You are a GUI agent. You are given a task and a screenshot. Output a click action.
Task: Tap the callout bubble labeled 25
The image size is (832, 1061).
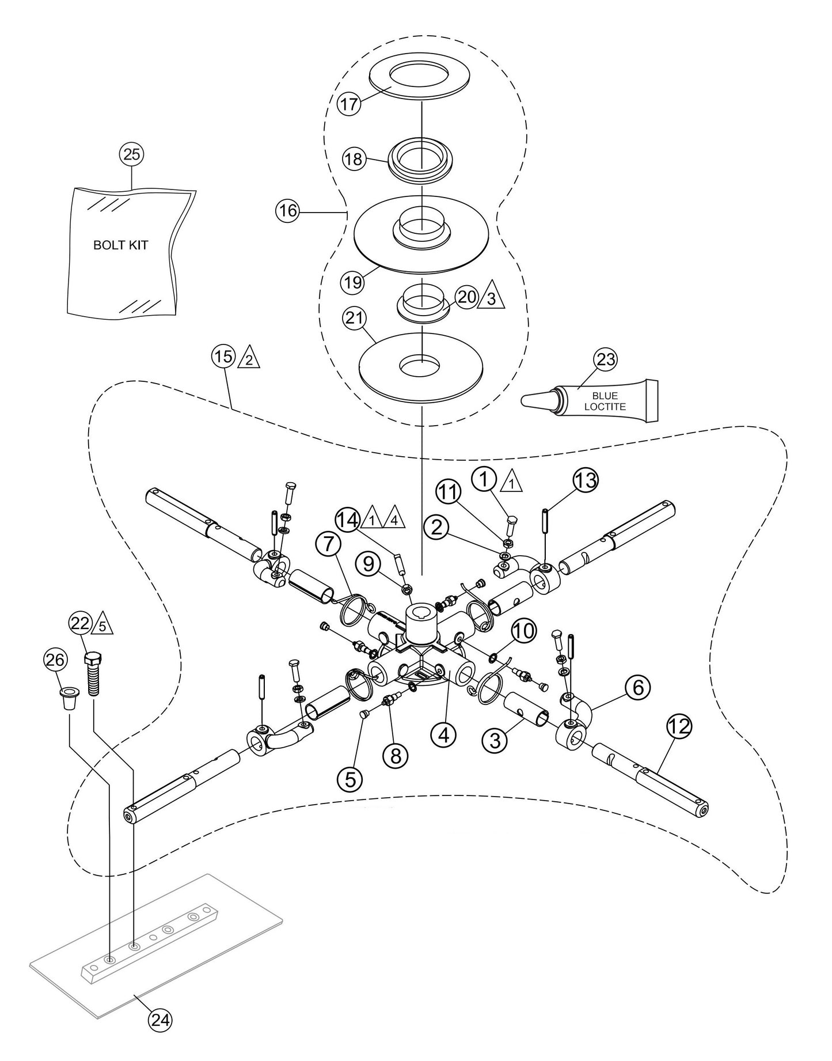click(x=131, y=154)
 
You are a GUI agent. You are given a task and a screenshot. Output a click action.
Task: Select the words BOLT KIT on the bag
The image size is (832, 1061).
click(x=120, y=245)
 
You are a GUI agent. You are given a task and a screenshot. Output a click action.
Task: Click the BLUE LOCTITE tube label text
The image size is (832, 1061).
click(x=604, y=401)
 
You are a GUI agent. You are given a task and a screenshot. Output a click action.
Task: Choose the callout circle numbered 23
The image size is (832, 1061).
click(x=605, y=359)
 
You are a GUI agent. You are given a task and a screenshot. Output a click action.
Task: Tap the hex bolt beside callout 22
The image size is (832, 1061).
click(x=92, y=674)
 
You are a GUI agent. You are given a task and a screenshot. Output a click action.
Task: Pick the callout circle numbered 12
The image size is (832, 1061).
click(x=680, y=727)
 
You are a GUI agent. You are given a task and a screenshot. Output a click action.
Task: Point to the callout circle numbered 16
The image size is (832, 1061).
click(x=287, y=211)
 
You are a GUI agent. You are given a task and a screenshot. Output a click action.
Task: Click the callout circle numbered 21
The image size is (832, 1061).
click(x=354, y=317)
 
